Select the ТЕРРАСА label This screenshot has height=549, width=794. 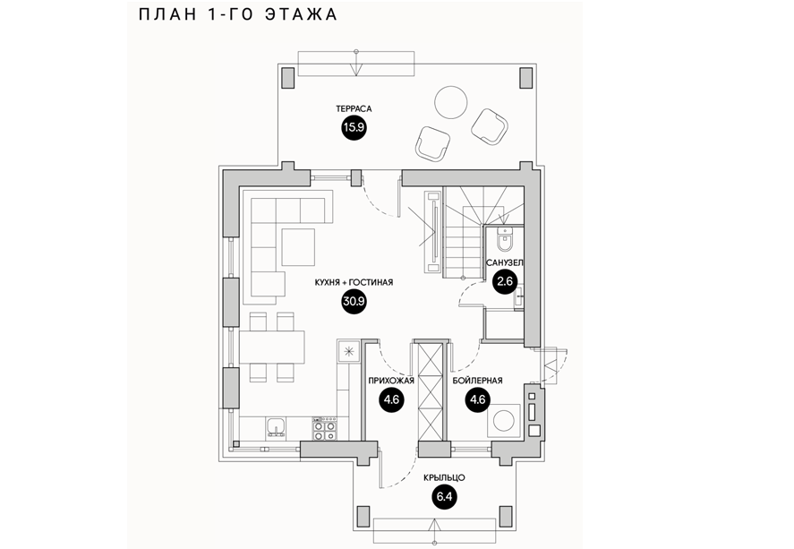click(354, 109)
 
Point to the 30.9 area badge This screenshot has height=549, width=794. click(354, 301)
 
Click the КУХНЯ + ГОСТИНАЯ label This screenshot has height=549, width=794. click(354, 282)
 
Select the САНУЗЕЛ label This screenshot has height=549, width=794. click(505, 263)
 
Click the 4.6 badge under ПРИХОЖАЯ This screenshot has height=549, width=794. click(389, 399)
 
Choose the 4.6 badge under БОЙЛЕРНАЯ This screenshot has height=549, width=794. click(477, 399)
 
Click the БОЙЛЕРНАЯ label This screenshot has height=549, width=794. click(477, 381)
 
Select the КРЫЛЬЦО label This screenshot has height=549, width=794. click(443, 477)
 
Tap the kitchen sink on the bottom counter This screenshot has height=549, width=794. click(275, 426)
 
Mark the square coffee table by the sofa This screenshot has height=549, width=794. click(298, 244)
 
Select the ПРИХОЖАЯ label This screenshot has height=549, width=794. click(389, 381)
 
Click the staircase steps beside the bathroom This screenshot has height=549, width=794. click(464, 236)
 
